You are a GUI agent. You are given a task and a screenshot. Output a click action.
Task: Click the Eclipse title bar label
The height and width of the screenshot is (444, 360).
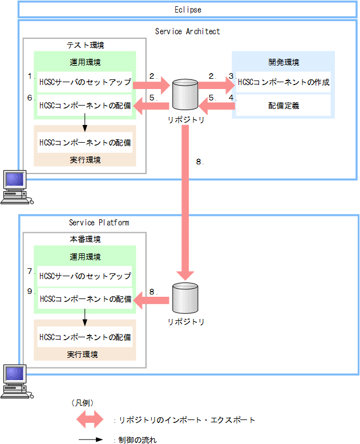pos(188,10)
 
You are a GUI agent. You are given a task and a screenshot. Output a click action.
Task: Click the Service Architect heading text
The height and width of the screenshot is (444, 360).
pos(187,31)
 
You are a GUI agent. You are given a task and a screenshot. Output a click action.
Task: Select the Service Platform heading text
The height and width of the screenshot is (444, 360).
pos(99,223)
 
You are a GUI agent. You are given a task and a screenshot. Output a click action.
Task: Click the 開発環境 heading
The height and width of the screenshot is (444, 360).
pos(284,62)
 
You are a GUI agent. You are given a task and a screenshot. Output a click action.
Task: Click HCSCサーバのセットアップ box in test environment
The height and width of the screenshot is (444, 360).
pos(84,82)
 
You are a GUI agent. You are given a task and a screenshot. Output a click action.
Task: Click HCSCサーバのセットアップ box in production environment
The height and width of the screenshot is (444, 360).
pos(84,276)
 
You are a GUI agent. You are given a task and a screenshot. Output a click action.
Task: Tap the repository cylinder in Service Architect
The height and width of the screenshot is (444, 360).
pos(185,94)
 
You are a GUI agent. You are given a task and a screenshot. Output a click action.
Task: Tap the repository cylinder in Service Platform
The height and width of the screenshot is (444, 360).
pos(185,296)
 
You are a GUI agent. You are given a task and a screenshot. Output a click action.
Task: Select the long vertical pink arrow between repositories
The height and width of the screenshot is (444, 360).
pos(185,200)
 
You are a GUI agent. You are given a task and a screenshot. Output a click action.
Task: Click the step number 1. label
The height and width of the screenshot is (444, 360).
pos(30,75)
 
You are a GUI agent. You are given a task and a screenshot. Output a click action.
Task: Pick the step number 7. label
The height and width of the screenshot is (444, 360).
pos(30,271)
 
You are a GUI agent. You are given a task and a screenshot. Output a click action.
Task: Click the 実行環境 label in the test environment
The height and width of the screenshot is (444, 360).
pos(84,160)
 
